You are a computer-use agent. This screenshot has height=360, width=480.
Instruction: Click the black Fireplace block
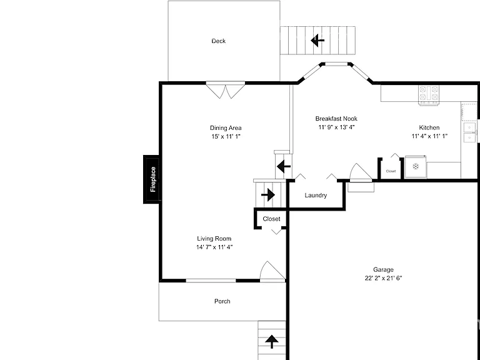[151, 179]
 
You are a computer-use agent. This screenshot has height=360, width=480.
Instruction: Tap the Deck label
[219, 41]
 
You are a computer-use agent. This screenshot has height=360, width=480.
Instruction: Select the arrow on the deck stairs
[317, 41]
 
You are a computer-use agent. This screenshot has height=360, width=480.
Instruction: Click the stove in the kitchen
[429, 94]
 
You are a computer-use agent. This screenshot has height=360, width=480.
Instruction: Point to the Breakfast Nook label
[336, 119]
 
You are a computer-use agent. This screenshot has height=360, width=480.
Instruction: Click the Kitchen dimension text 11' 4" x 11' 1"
[429, 136]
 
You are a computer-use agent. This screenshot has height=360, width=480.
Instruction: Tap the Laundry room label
[316, 195]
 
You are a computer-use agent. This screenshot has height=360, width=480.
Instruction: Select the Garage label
[383, 270]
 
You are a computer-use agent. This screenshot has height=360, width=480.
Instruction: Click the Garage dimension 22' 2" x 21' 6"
[383, 278]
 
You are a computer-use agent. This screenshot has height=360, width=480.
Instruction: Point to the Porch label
[222, 301]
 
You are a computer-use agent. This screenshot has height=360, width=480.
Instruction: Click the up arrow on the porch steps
[271, 342]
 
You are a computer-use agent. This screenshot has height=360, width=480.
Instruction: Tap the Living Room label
[214, 239]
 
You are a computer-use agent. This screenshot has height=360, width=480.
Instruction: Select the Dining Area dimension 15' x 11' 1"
[226, 136]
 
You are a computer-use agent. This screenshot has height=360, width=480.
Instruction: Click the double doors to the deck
[226, 90]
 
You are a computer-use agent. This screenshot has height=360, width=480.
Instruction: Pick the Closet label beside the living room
[271, 219]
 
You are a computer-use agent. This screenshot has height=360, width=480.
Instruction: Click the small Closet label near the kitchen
[391, 171]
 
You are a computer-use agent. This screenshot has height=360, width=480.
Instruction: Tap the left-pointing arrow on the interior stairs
[284, 166]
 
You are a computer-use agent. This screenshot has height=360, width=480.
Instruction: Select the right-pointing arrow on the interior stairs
[268, 195]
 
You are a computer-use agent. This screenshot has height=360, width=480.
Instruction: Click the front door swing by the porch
[272, 271]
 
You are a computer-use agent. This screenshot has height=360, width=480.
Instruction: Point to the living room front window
[211, 281]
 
